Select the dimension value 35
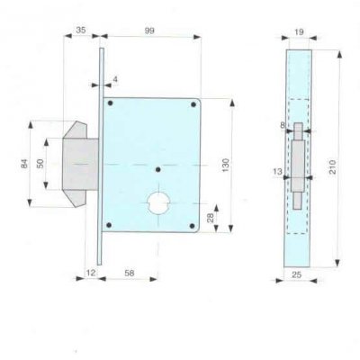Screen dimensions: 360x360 [x=81, y=31]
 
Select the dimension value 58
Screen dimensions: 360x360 [x=130, y=270]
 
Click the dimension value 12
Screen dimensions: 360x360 [x=90, y=270]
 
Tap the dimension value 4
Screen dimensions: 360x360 [x=115, y=79]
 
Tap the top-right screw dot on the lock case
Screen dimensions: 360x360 [x=193, y=107]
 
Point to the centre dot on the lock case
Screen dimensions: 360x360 [x=157, y=168]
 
